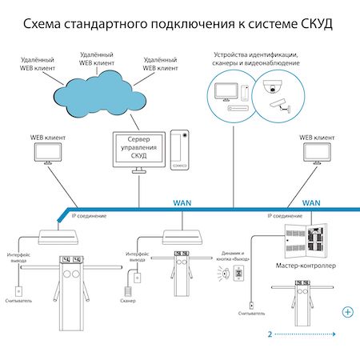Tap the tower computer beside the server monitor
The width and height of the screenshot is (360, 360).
click(x=180, y=148)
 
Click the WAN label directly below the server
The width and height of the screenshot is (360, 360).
click(x=182, y=203)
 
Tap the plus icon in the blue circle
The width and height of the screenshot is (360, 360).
click(x=347, y=311)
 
